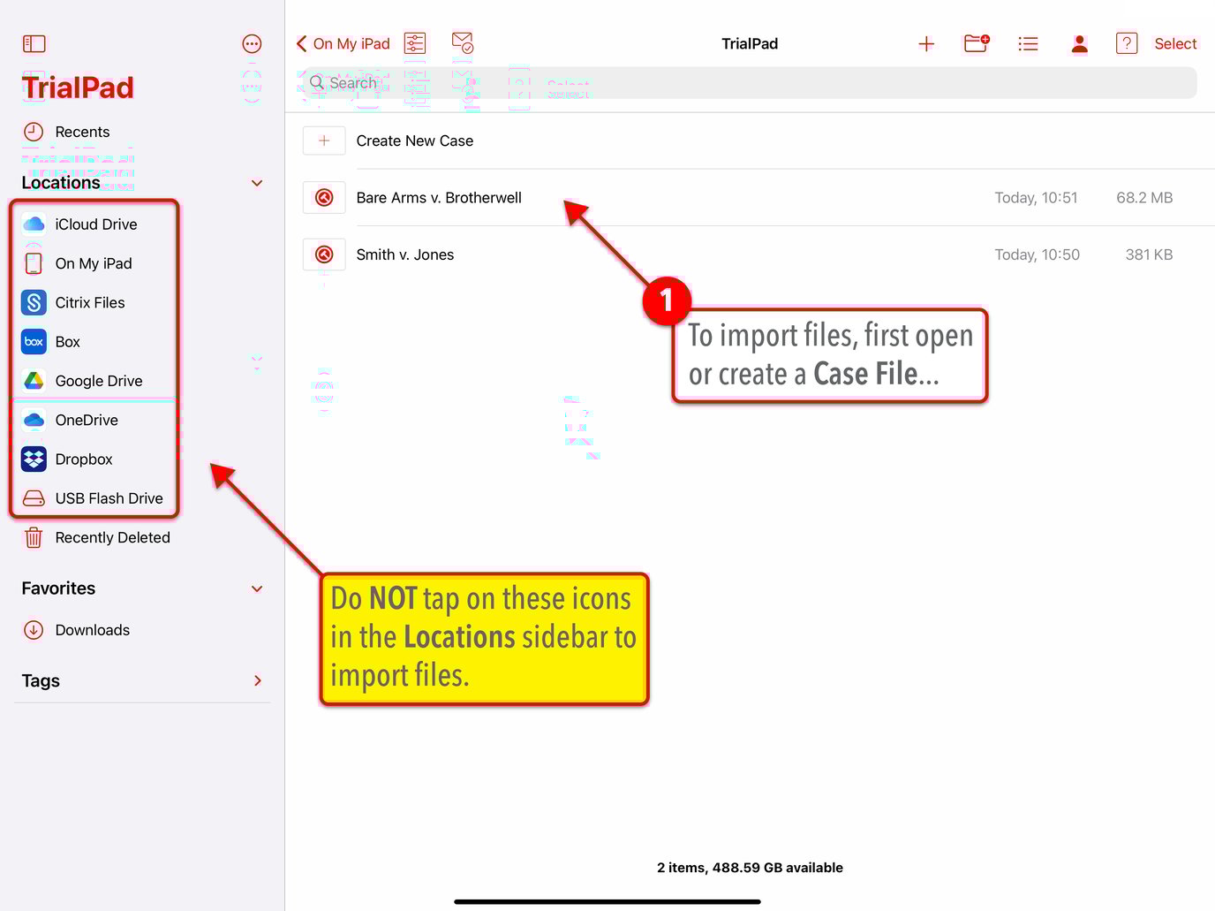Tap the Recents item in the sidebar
[81, 132]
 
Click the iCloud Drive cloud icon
[34, 224]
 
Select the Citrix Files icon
[34, 303]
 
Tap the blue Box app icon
[34, 342]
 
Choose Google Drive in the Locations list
[98, 381]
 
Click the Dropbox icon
[34, 459]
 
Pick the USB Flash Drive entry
[108, 498]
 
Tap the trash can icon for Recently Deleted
[34, 537]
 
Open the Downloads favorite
[92, 630]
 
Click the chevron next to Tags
[258, 680]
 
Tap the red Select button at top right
[1175, 44]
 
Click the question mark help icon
[1127, 43]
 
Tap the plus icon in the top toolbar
[926, 44]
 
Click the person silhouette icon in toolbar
[1079, 44]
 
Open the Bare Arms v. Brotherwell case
[439, 198]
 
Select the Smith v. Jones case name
[404, 254]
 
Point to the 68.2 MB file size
[1144, 198]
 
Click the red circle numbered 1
[667, 301]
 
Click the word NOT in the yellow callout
[393, 599]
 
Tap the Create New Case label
[414, 140]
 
